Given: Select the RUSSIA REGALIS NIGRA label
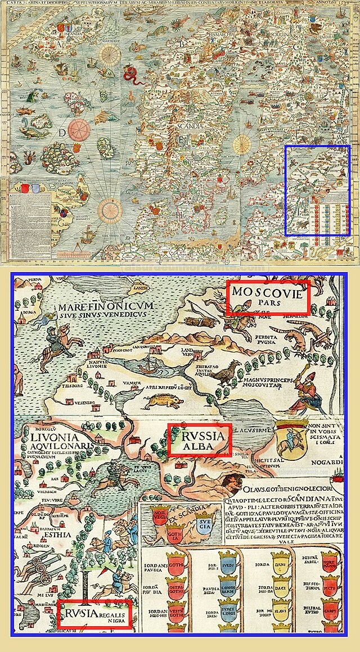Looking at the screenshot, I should [94, 613].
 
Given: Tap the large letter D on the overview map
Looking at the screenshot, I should [61, 133].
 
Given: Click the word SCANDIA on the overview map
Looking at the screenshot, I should [191, 126].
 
